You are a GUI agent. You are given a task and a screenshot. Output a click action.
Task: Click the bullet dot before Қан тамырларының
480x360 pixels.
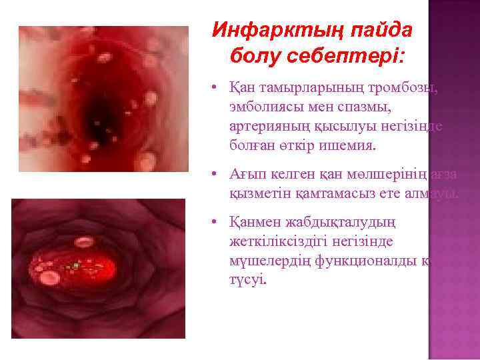click(x=210, y=90)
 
